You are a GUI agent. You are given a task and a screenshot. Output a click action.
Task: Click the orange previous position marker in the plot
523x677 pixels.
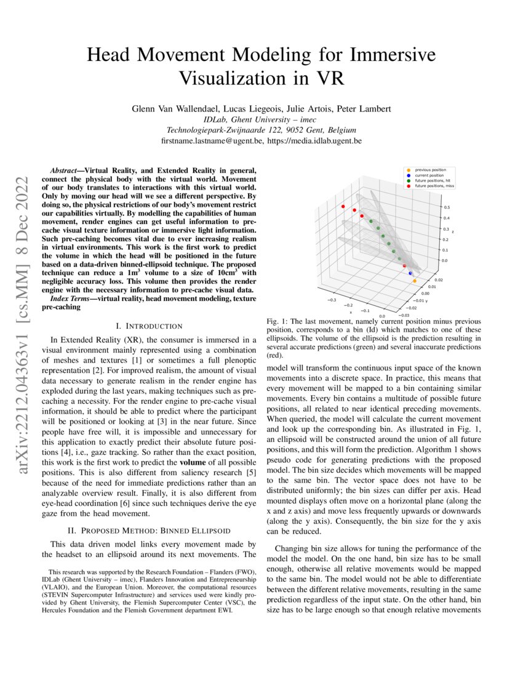pyautogui.click(x=414, y=281)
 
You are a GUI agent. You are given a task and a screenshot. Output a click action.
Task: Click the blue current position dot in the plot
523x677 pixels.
pyautogui.click(x=410, y=273)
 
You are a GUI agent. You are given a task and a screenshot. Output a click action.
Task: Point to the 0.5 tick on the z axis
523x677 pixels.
pyautogui.click(x=447, y=207)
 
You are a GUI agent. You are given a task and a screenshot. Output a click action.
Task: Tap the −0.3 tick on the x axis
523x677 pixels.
pyautogui.click(x=332, y=300)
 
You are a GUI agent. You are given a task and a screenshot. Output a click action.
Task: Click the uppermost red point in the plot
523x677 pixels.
pyautogui.click(x=343, y=207)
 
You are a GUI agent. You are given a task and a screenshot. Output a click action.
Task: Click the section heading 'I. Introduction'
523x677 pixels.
pyautogui.click(x=149, y=326)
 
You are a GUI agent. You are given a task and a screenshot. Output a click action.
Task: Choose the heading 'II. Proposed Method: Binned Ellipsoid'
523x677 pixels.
pyautogui.click(x=150, y=530)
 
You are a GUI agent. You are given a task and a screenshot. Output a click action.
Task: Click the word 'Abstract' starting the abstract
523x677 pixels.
pyautogui.click(x=66, y=169)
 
